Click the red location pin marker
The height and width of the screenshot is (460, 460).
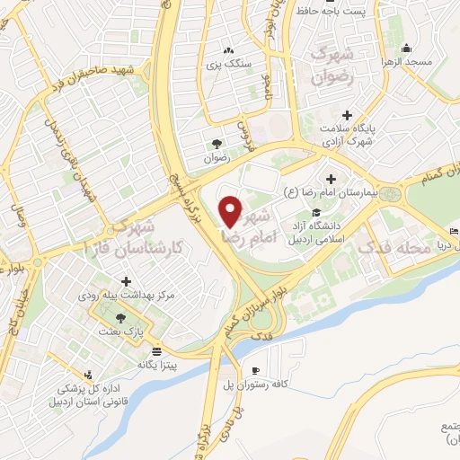pyautogui.click(x=230, y=210)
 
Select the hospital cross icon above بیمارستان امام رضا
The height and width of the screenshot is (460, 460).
pyautogui.click(x=333, y=179)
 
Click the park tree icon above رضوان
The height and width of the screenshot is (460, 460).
pyautogui.click(x=217, y=143)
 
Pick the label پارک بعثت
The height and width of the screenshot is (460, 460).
pyautogui.click(x=120, y=332)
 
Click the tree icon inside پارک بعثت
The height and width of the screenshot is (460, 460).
pyautogui.click(x=120, y=317)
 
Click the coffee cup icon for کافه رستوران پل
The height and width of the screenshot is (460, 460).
pyautogui.click(x=256, y=370)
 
